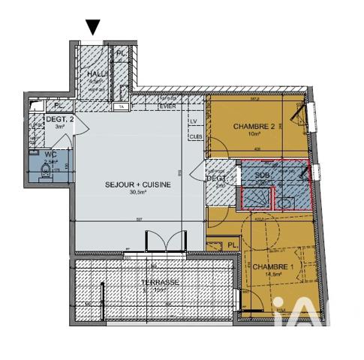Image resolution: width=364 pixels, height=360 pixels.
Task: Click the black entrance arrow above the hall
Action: [x=93, y=27]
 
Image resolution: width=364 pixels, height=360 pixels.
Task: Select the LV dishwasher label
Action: [x=194, y=121]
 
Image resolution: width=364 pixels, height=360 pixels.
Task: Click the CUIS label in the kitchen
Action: [x=194, y=136]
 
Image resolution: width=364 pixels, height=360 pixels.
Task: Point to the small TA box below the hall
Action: [x=121, y=106]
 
